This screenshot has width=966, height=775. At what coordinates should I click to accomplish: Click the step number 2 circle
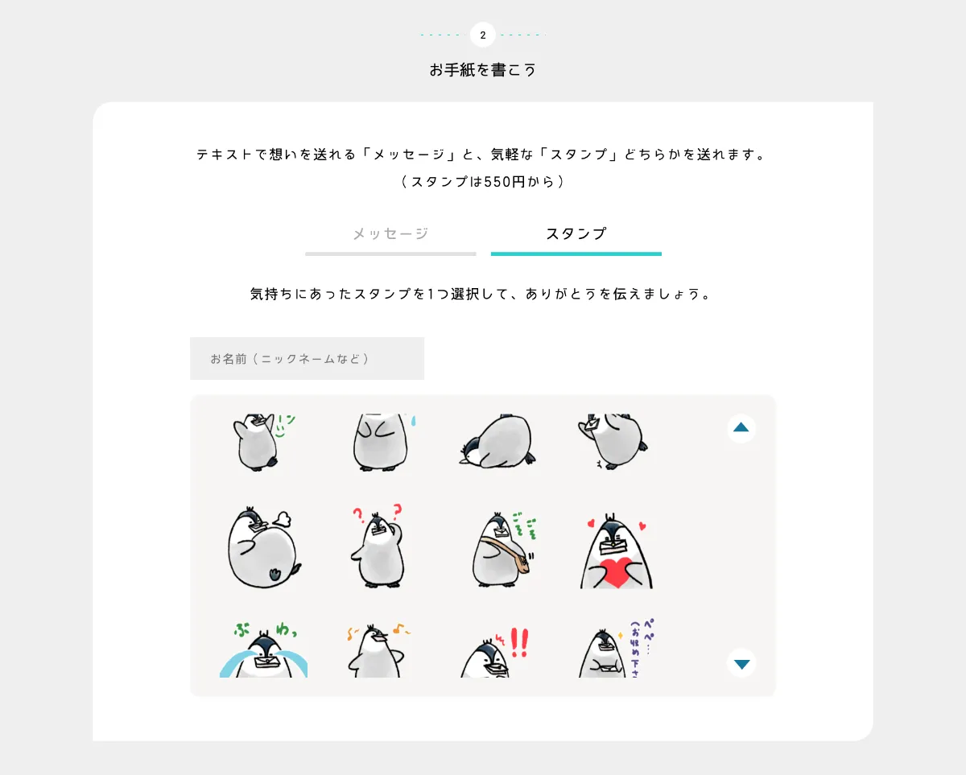pyautogui.click(x=482, y=35)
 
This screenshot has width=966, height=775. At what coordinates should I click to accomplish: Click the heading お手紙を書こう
pyautogui.click(x=482, y=70)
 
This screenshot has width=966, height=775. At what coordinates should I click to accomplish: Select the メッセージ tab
pyautogui.click(x=390, y=234)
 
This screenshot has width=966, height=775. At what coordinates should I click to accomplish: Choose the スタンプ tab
pyautogui.click(x=576, y=234)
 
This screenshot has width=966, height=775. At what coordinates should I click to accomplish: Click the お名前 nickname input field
pyautogui.click(x=307, y=358)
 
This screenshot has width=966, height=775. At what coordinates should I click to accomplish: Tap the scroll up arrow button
pyautogui.click(x=741, y=428)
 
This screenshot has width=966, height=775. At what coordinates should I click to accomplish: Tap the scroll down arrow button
pyautogui.click(x=741, y=664)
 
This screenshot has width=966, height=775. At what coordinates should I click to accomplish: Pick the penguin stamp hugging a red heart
pyautogui.click(x=616, y=551)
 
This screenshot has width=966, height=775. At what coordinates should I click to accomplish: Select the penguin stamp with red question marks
pyautogui.click(x=376, y=547)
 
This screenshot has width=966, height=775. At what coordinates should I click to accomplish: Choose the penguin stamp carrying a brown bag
pyautogui.click(x=502, y=550)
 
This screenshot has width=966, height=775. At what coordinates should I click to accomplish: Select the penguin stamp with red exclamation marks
pyautogui.click(x=493, y=653)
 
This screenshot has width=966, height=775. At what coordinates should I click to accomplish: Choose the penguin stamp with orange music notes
pyautogui.click(x=377, y=650)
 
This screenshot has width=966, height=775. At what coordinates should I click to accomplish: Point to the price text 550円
pyautogui.click(x=505, y=182)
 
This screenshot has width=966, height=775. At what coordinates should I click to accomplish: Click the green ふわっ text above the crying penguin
pyautogui.click(x=263, y=629)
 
